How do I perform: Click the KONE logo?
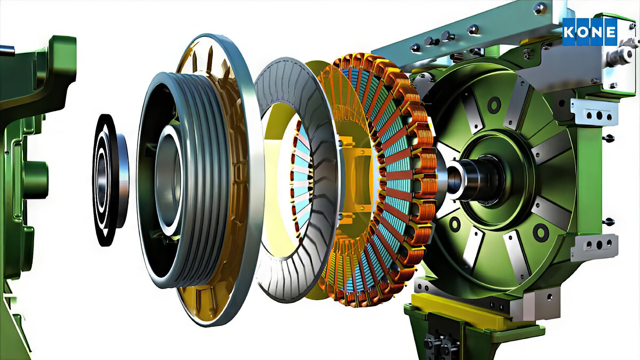(x=589, y=32)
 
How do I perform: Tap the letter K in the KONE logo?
(x=569, y=32)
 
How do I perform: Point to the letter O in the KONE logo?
(x=583, y=32)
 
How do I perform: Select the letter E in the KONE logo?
(x=611, y=32)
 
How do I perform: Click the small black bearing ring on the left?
(x=110, y=180)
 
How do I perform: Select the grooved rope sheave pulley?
(x=183, y=180)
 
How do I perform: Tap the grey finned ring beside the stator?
(x=297, y=180)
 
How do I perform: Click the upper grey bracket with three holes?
(x=594, y=112)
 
